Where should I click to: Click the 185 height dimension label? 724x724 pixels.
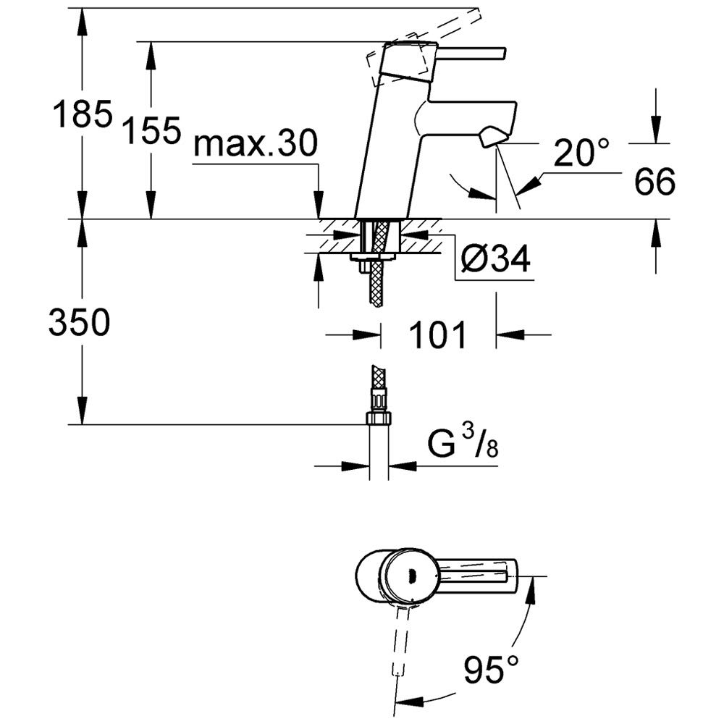[x=83, y=113]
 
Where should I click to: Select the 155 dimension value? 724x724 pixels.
[x=151, y=130]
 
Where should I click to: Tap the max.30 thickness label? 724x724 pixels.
[x=256, y=143]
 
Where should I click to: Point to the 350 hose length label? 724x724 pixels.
[x=80, y=322]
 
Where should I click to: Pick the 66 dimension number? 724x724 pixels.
[x=654, y=182]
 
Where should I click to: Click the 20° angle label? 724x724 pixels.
[x=581, y=152]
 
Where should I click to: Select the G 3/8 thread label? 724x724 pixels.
[x=463, y=442]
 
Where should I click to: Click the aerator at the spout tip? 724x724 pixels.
[x=493, y=138]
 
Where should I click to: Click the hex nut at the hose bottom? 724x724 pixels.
[x=379, y=418]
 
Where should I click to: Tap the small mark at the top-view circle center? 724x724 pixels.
[x=413, y=574]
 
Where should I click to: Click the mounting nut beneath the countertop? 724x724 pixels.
[x=372, y=257]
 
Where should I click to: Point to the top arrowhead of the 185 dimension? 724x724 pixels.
[x=83, y=22]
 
